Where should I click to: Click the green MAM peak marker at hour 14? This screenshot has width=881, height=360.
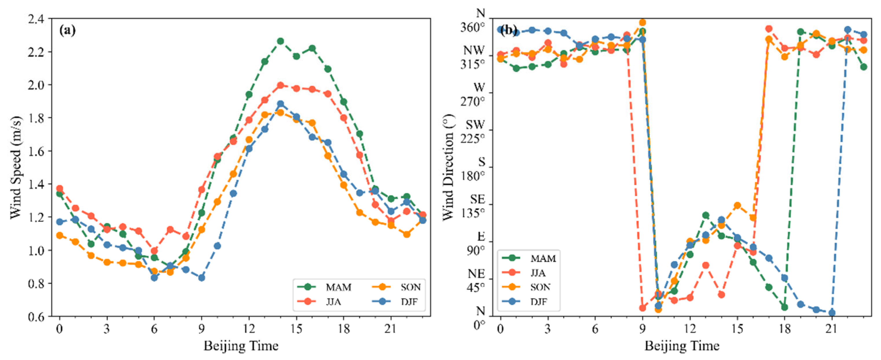click(280, 41)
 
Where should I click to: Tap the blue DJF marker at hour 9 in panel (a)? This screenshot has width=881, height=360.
click(201, 278)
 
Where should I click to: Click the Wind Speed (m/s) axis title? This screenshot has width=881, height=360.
click(15, 167)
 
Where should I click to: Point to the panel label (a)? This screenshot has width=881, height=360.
click(67, 31)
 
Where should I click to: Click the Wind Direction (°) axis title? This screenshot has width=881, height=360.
click(448, 167)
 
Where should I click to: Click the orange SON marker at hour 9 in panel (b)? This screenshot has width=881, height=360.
click(642, 23)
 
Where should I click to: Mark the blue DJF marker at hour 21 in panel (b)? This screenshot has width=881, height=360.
click(832, 313)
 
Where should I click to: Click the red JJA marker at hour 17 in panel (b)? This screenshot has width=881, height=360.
click(769, 29)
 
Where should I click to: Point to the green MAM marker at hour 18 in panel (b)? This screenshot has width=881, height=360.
click(785, 307)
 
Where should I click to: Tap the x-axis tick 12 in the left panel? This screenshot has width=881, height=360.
click(249, 329)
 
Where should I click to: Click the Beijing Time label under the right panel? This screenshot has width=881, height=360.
click(682, 346)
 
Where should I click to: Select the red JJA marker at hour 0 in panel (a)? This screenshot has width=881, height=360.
click(60, 189)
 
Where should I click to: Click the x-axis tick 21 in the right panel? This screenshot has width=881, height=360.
click(832, 329)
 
